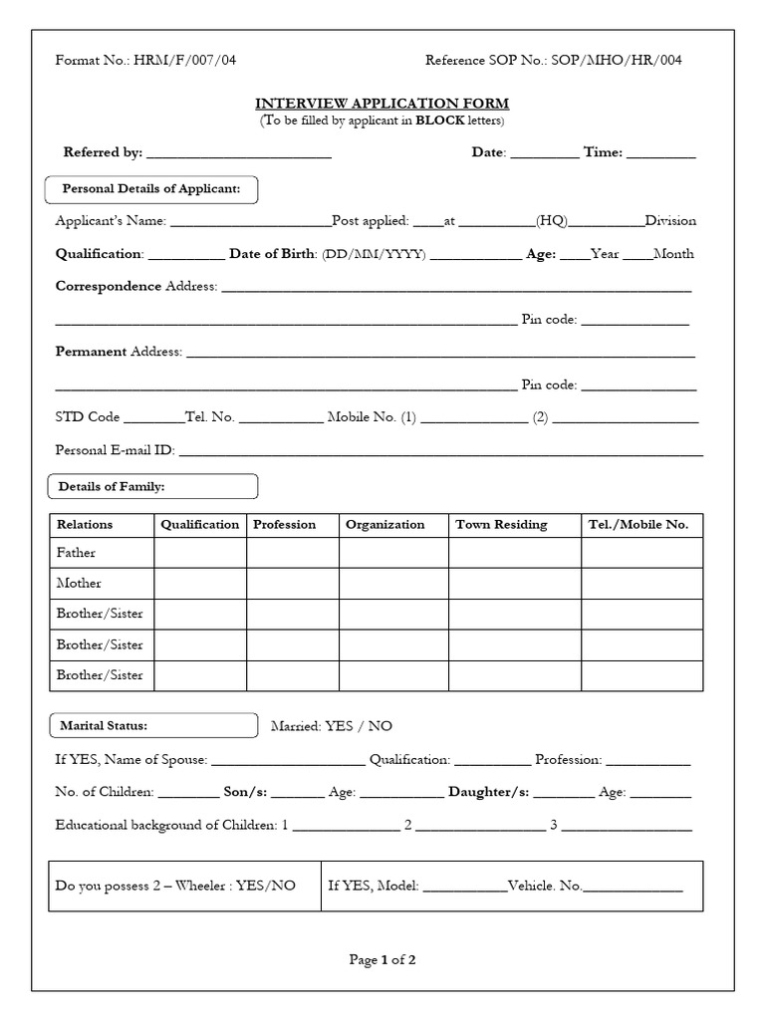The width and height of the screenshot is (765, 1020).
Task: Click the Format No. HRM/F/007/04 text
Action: [x=145, y=60]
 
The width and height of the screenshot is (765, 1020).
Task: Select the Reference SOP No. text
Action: [x=553, y=60]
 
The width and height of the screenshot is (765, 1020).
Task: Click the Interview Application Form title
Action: [x=382, y=104]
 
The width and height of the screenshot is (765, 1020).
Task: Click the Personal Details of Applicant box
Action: [x=151, y=189]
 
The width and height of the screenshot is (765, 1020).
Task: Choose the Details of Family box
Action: [x=151, y=486]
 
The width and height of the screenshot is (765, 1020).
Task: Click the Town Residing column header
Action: [x=501, y=525]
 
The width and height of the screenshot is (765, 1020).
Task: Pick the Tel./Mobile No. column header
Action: [x=641, y=525]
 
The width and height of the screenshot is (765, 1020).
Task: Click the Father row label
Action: [x=77, y=553]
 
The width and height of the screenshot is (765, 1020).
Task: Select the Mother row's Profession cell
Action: [x=293, y=584]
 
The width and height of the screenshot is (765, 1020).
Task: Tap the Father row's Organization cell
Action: [x=393, y=553]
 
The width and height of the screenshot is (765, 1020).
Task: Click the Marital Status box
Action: [x=151, y=726]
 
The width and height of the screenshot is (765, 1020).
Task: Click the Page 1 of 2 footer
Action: [x=382, y=960]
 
